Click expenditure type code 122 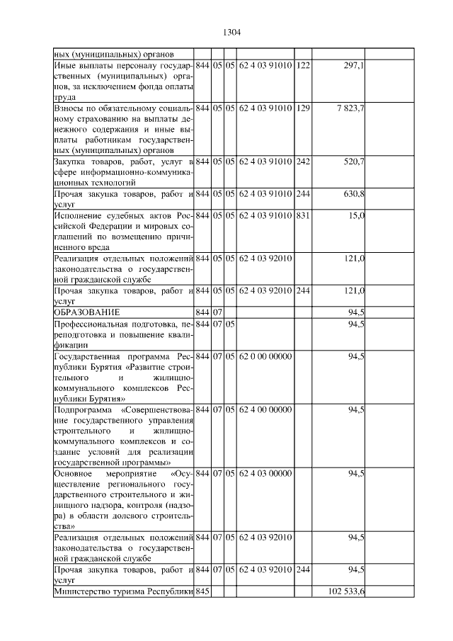302,65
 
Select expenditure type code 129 302,108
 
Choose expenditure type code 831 302,215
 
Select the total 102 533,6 348,591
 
